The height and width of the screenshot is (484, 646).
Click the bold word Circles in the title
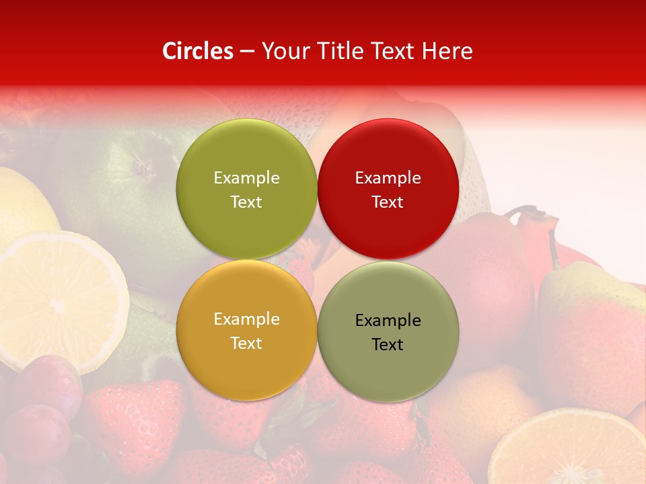tap(198, 51)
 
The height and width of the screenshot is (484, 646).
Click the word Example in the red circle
tap(388, 178)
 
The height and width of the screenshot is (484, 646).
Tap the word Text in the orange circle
tap(246, 344)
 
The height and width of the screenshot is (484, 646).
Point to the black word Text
tap(388, 345)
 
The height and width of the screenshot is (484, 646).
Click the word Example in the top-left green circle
tap(246, 178)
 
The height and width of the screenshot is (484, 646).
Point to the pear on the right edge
tap(592, 336)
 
